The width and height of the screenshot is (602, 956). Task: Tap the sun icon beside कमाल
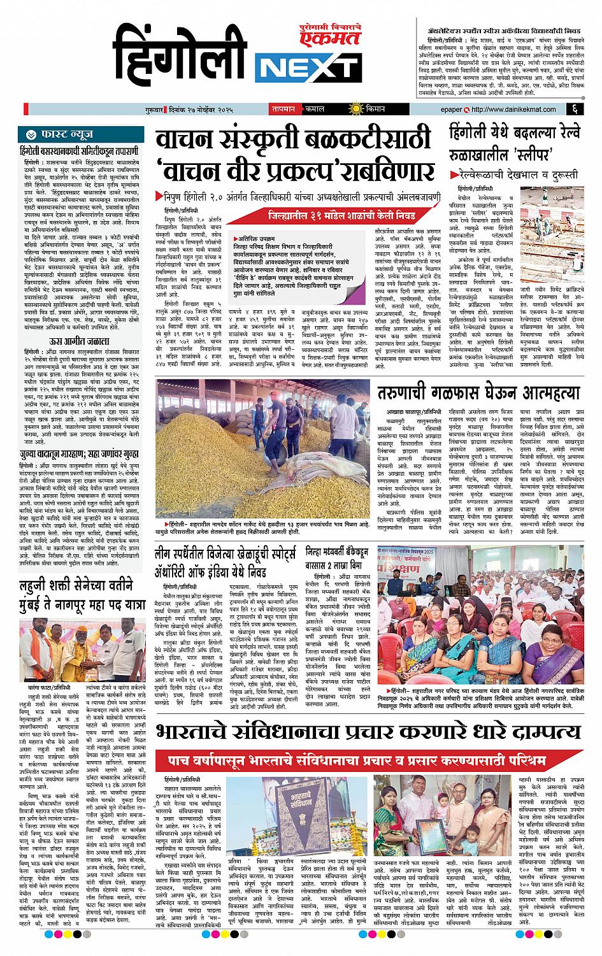(x=351, y=109)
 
